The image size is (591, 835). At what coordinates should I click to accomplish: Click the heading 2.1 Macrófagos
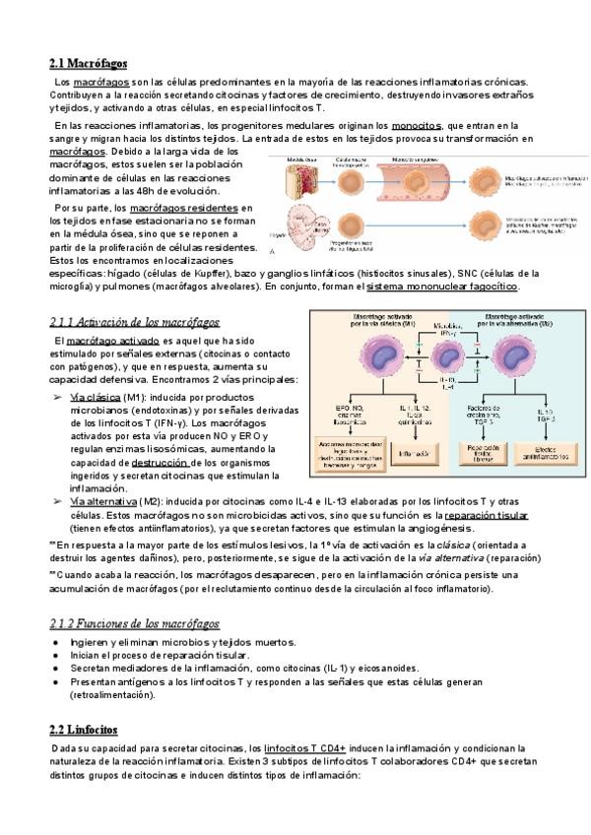88,62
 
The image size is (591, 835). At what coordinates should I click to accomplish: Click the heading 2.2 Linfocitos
83,729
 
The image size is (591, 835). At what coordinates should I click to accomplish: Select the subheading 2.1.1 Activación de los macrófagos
133,321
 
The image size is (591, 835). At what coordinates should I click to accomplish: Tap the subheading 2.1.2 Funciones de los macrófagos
134,624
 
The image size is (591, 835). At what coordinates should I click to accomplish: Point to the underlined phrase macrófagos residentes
184,209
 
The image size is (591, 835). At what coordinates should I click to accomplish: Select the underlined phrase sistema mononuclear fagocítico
441,286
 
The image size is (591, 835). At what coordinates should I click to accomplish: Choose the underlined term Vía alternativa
102,501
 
